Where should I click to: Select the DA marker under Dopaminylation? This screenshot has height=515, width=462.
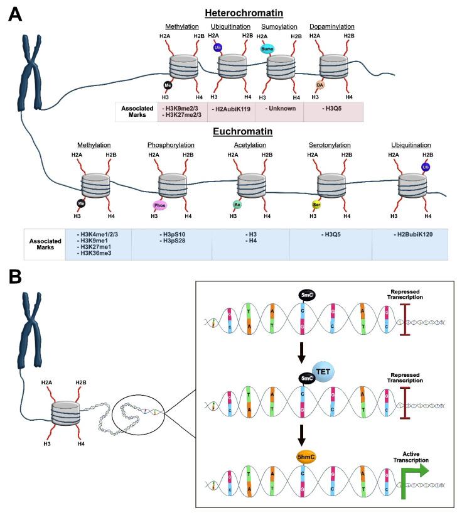[320, 85]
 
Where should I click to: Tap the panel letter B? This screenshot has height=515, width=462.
[14, 277]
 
